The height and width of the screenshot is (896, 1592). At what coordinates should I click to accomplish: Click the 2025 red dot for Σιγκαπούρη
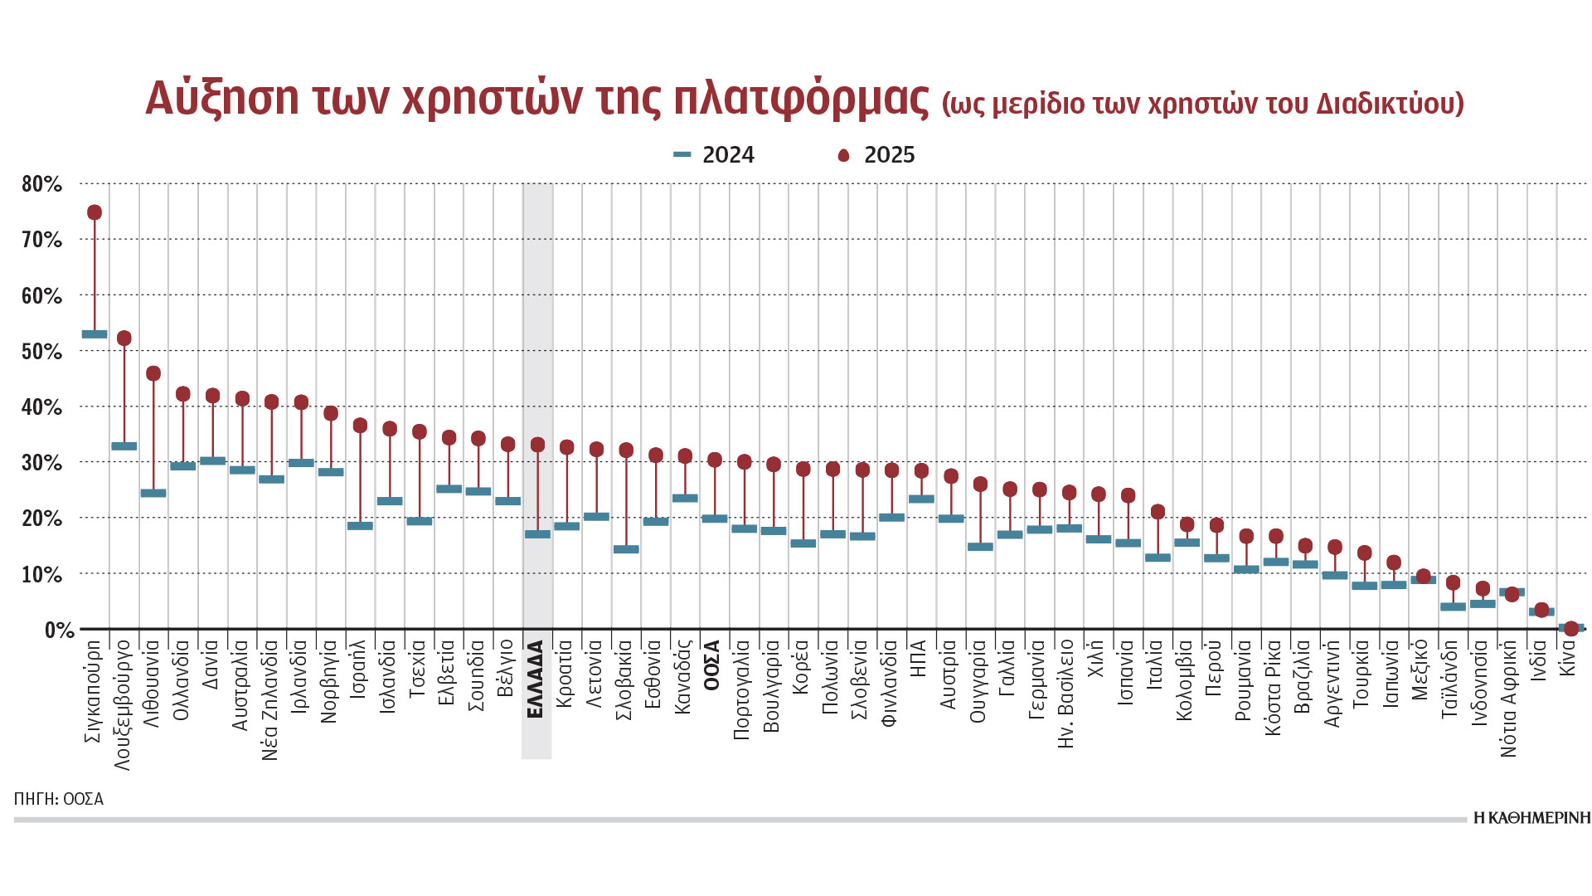[95, 212]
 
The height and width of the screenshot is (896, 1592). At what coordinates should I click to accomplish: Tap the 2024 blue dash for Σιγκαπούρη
[95, 334]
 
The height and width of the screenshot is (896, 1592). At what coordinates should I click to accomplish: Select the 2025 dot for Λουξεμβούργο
[124, 338]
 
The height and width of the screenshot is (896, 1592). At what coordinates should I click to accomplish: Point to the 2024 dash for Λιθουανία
[153, 493]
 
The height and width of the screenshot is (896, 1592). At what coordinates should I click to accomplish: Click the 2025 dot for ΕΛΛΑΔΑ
[537, 445]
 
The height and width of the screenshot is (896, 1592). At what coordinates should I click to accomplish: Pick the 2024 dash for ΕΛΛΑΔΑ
[537, 534]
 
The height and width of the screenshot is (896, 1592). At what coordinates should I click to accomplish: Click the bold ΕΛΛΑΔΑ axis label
[536, 679]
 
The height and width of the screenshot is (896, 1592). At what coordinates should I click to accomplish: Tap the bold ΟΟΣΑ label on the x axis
[713, 666]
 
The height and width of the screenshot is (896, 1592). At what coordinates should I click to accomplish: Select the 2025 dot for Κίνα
[1570, 629]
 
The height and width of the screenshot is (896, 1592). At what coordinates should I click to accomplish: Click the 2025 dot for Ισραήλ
[360, 426]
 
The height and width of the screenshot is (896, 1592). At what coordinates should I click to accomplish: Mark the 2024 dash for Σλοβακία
[626, 549]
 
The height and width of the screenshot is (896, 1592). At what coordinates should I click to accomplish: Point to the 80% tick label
[41, 184]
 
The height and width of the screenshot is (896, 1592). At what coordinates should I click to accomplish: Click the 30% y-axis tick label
[41, 463]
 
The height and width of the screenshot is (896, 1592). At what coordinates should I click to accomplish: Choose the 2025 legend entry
[877, 155]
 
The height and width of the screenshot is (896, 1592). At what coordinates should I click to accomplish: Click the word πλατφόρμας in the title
[801, 99]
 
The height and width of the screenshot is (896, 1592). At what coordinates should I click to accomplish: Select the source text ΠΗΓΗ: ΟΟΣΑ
[59, 799]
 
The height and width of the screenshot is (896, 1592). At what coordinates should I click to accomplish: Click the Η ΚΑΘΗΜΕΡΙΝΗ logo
[1532, 818]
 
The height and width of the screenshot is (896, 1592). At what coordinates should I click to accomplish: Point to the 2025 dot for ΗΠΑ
[921, 471]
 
